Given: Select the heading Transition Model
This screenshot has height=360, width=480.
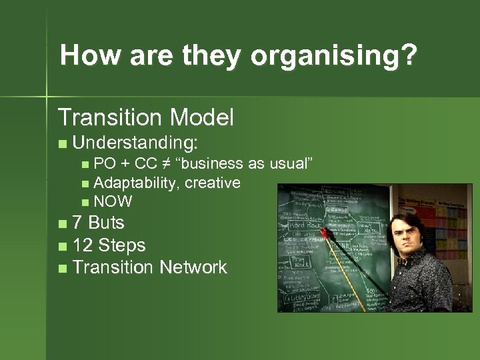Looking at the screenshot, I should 146,118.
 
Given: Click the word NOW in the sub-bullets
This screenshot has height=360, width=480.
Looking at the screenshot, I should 113,201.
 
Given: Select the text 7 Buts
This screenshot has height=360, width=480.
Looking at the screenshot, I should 98,222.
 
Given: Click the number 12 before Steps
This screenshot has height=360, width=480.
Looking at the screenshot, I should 83,245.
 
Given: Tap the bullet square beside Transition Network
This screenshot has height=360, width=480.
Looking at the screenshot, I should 62,269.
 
